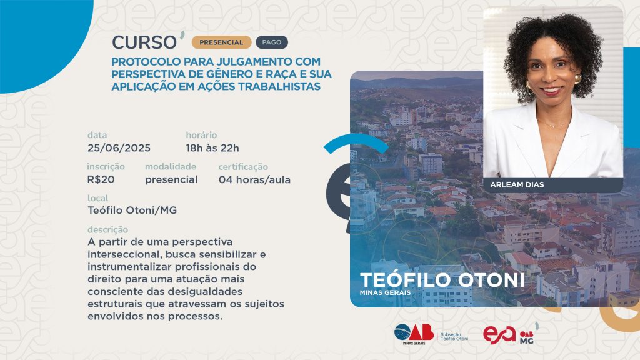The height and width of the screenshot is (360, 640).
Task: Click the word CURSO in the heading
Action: click(x=144, y=42)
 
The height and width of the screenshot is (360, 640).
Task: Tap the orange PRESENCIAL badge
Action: click(x=221, y=42)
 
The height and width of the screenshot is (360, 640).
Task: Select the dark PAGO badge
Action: click(x=272, y=42)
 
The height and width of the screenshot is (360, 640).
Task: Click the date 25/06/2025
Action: click(x=119, y=147)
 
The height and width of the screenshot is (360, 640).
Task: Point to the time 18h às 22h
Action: click(x=212, y=147)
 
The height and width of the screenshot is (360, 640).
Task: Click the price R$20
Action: click(x=101, y=179)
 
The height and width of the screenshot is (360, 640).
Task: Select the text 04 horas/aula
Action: click(x=255, y=179)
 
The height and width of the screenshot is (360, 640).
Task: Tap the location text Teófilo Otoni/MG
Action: click(x=132, y=210)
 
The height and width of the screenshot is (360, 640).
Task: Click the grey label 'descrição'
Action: click(x=107, y=230)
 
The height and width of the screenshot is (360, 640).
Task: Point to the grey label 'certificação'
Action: click(x=243, y=167)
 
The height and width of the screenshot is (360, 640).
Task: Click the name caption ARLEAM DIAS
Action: click(x=517, y=184)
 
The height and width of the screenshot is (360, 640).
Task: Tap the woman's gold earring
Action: click(x=577, y=79)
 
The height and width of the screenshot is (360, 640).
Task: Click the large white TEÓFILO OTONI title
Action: click(x=442, y=280)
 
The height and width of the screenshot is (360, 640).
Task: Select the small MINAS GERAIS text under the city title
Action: click(x=385, y=292)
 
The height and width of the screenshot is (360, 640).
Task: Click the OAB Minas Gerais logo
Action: click(x=414, y=334)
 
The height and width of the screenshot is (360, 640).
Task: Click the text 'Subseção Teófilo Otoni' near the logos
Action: click(x=454, y=337)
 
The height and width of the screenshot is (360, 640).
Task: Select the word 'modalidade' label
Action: click(x=171, y=166)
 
